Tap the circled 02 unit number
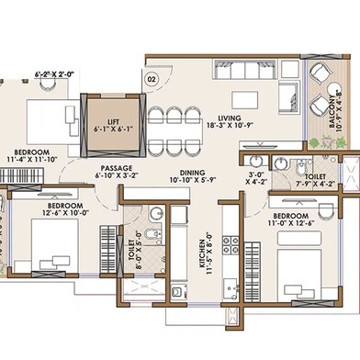pyautogui.click(x=152, y=80)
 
